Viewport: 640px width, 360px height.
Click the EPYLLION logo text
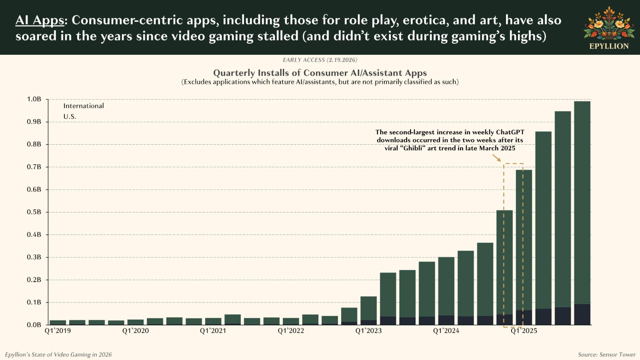tap(609, 46)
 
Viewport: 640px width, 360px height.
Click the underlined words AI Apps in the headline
tap(40, 20)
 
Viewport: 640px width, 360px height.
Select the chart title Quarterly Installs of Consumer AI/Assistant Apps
tap(320, 73)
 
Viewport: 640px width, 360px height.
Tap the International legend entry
tap(84, 106)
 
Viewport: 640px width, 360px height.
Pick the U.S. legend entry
tap(70, 117)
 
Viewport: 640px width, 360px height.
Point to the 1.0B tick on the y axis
tap(34, 99)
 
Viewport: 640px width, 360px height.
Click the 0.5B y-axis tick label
tap(34, 212)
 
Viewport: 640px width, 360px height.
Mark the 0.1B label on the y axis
tap(34, 302)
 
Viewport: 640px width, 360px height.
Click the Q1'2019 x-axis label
tap(58, 331)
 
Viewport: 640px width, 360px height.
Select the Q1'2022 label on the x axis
tap(291, 331)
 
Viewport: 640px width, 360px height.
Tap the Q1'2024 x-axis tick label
tap(446, 331)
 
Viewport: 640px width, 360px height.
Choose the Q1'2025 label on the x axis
tap(524, 331)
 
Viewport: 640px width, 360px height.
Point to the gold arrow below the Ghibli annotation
tap(496, 158)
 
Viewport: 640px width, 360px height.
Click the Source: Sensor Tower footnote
tap(606, 355)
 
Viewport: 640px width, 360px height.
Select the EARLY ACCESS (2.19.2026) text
tap(320, 60)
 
